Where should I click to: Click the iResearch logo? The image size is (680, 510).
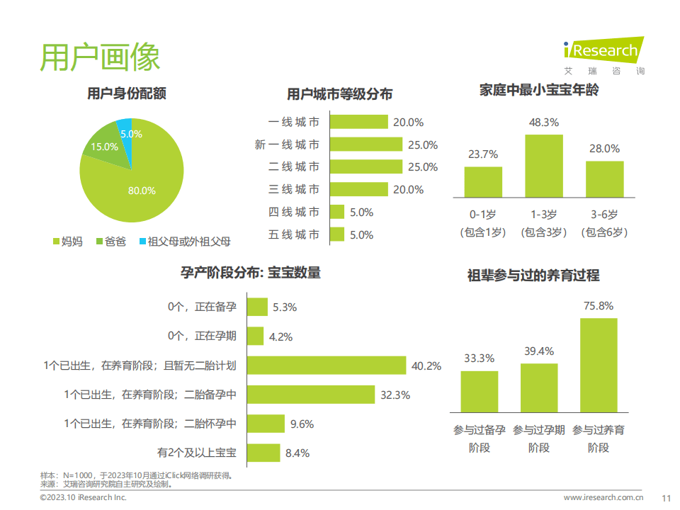[603, 52]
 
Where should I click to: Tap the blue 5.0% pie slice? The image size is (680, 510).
[125, 134]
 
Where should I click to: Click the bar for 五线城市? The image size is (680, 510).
[337, 234]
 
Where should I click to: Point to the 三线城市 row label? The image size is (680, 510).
[294, 190]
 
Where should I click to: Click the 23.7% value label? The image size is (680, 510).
[483, 154]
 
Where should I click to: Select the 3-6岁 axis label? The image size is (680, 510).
[604, 215]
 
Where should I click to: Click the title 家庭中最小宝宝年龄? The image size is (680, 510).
[539, 91]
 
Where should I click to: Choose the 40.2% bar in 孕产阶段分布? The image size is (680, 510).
[327, 365]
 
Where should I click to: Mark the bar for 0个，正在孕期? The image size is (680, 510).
[256, 336]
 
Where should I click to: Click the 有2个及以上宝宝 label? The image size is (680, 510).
[197, 452]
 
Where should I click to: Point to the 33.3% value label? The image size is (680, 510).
[479, 358]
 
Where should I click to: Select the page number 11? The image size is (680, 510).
[665, 497]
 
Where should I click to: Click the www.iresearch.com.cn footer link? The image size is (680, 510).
[603, 497]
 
